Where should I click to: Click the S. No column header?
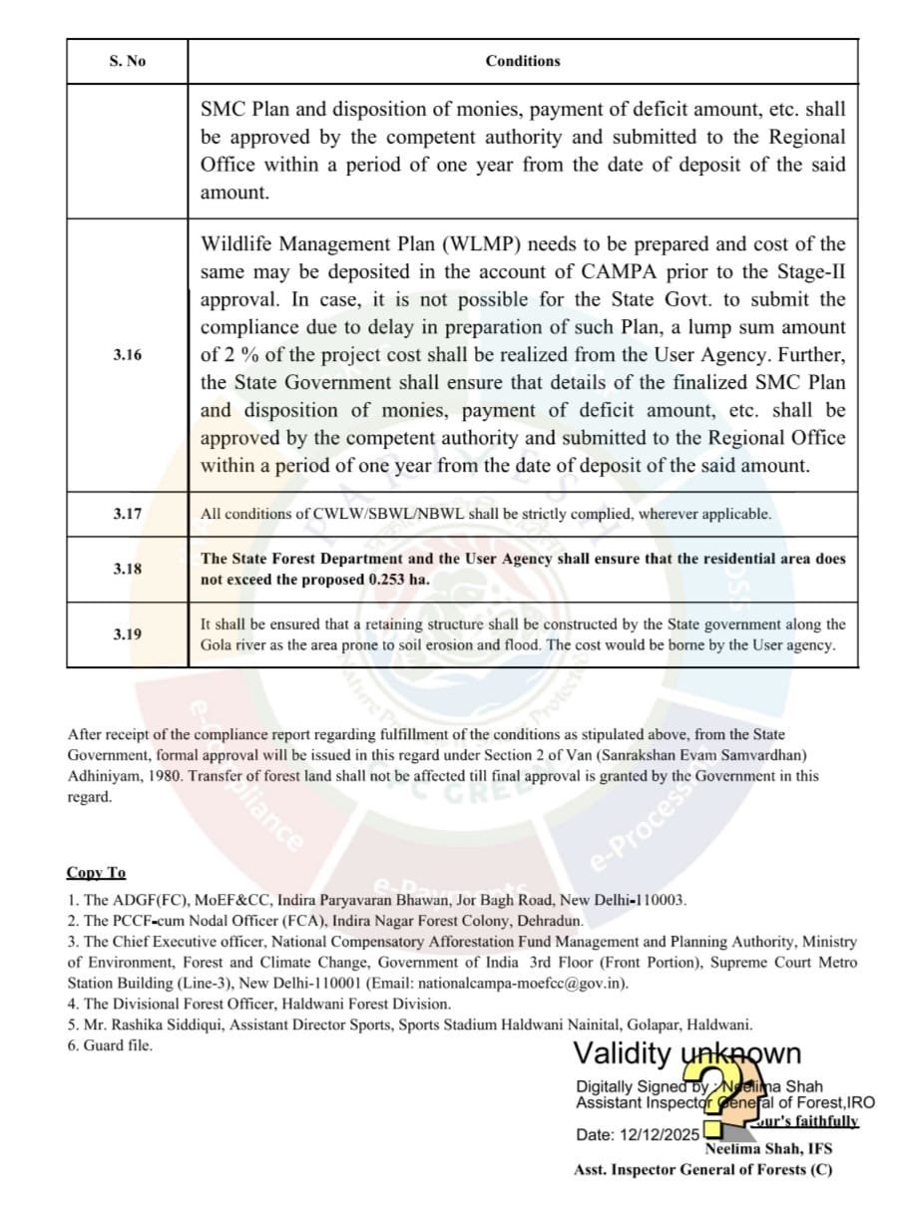(127, 61)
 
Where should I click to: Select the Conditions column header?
(523, 61)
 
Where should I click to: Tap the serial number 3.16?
(127, 354)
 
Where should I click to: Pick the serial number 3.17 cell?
(127, 514)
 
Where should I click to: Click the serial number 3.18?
(127, 569)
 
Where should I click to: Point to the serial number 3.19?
(127, 633)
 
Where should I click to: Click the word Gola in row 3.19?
(217, 645)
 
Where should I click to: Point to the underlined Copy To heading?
(96, 873)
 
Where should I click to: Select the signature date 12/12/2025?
(662, 1135)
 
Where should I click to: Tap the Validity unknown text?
(686, 1053)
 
